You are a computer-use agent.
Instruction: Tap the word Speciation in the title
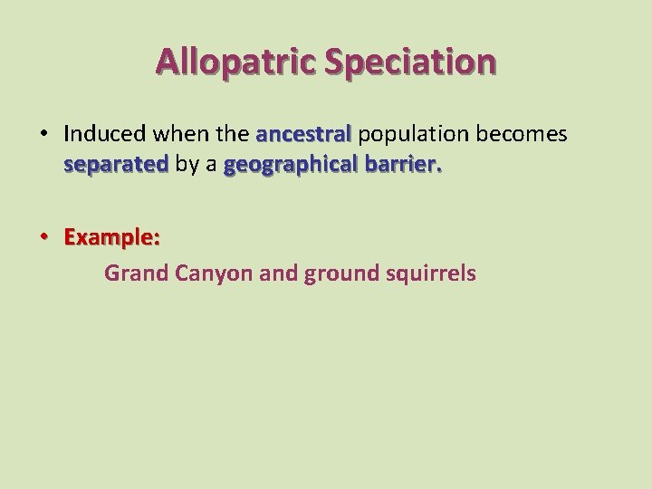[409, 62]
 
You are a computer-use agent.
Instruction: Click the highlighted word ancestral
[303, 134]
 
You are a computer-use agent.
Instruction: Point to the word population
[413, 135]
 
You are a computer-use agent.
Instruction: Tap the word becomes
[522, 134]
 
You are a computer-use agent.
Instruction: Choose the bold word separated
[116, 165]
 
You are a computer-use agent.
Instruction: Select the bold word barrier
[403, 165]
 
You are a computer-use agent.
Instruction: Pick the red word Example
[111, 237]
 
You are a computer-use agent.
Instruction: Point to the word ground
[339, 273]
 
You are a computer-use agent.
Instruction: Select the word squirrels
[427, 273]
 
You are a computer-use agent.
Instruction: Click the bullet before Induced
[43, 134]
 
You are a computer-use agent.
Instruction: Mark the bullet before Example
[43, 237]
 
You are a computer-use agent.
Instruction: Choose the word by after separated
[187, 166]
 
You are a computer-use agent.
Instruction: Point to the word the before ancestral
[234, 134]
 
